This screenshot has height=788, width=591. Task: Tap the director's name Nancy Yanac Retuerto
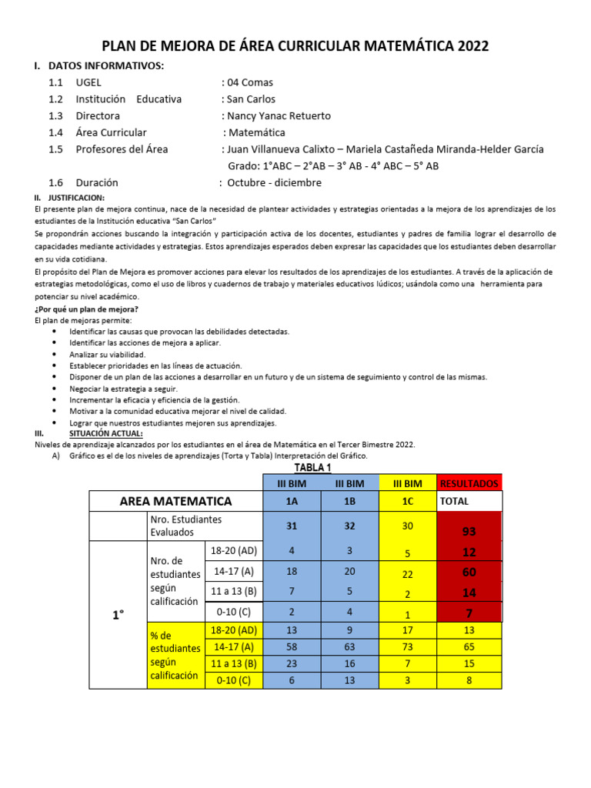[x=279, y=115]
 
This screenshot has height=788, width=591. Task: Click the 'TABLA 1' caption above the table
[x=313, y=468]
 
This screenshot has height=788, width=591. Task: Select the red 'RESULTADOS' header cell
[x=469, y=483]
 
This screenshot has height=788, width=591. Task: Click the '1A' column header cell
[x=292, y=501]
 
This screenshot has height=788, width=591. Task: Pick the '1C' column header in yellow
[x=407, y=501]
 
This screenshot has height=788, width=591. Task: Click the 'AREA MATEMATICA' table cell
[x=175, y=501]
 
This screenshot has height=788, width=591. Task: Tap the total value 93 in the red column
[x=469, y=532]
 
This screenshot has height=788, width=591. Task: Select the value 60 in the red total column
[x=469, y=572]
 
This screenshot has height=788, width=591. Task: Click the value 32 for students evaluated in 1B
[x=349, y=526]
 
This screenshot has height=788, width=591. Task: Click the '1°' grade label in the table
[x=117, y=616]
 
